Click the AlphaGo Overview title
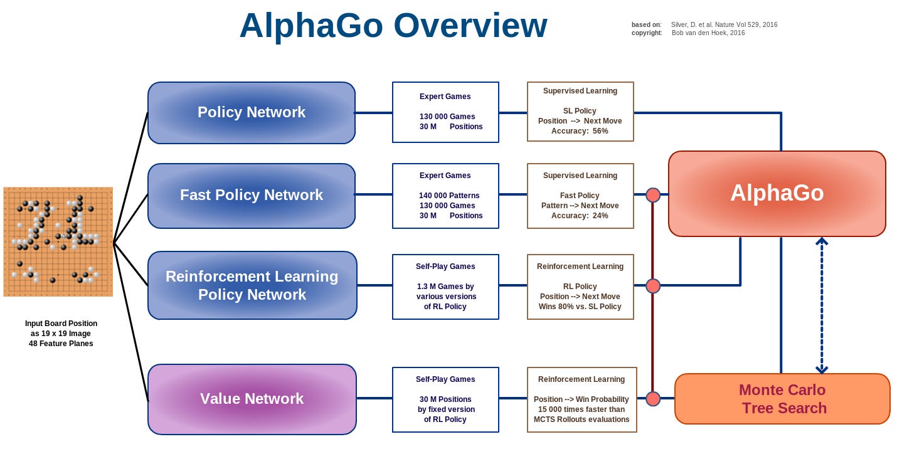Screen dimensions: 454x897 pyautogui.click(x=393, y=26)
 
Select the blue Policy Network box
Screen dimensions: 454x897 pyautogui.click(x=251, y=112)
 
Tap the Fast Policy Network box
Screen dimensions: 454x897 pyautogui.click(x=251, y=195)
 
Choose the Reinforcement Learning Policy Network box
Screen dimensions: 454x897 pyautogui.click(x=252, y=285)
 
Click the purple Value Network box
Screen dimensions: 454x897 pyautogui.click(x=252, y=399)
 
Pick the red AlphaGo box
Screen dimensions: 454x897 pyautogui.click(x=777, y=193)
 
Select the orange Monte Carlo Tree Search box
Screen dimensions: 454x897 pyautogui.click(x=782, y=399)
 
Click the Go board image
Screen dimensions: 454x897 pyautogui.click(x=58, y=241)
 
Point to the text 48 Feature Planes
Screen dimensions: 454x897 pyautogui.click(x=61, y=344)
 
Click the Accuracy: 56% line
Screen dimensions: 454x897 pyautogui.click(x=580, y=131)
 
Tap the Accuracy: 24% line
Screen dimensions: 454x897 pyautogui.click(x=580, y=216)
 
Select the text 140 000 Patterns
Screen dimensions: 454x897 pyautogui.click(x=447, y=196)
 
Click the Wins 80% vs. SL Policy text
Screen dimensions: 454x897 pyautogui.click(x=580, y=307)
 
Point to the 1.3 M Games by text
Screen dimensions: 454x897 pyautogui.click(x=445, y=287)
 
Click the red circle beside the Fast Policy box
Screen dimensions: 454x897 pyautogui.click(x=653, y=194)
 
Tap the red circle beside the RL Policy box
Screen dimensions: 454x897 pyautogui.click(x=653, y=286)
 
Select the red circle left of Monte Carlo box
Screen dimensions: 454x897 pyautogui.click(x=653, y=399)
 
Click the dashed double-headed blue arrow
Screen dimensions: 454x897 pyautogui.click(x=821, y=305)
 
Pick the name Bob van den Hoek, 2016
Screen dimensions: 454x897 pyautogui.click(x=708, y=33)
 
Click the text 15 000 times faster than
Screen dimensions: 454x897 pyautogui.click(x=581, y=409)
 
